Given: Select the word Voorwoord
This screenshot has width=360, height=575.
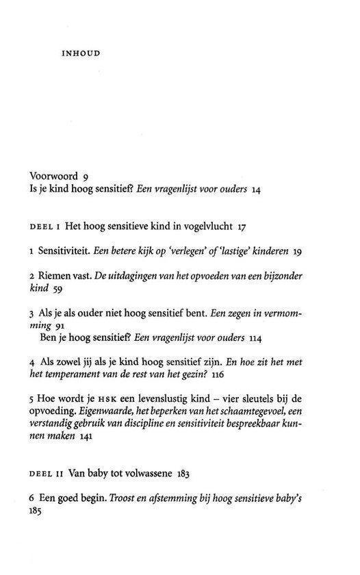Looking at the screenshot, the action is (55, 175).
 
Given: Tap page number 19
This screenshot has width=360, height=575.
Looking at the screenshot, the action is (297, 252).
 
